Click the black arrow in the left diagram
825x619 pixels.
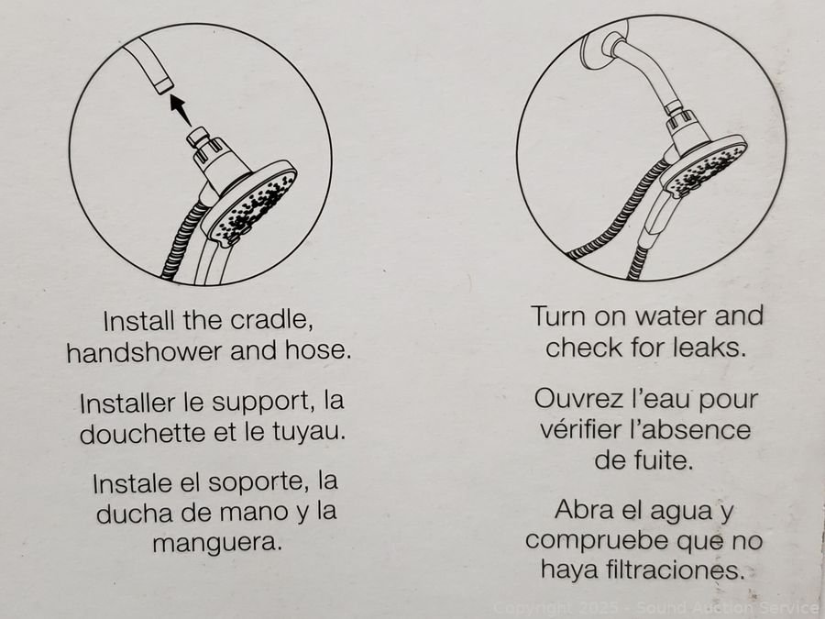point(181,109)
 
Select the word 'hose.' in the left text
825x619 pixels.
point(318,350)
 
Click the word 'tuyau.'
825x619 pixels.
point(309,433)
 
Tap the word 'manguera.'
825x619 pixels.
point(217,542)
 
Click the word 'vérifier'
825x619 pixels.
point(581,429)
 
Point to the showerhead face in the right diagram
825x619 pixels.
point(704,166)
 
